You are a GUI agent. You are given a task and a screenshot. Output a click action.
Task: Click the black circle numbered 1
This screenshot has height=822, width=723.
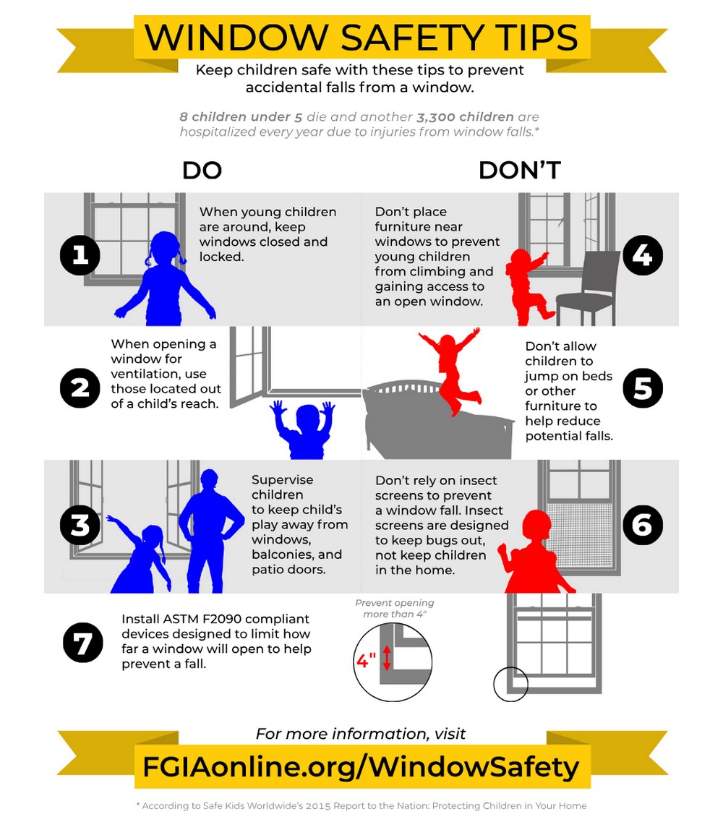[80, 255]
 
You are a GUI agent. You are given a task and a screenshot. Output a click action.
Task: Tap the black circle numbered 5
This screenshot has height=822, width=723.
[642, 388]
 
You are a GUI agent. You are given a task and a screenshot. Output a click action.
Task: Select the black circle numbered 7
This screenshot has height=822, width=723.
[82, 642]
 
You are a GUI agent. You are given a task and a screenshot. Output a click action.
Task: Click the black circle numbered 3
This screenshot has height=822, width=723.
[80, 525]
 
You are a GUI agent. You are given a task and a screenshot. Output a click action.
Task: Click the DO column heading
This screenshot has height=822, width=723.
[202, 171]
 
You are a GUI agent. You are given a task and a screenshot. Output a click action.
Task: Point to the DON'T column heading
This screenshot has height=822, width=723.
[519, 171]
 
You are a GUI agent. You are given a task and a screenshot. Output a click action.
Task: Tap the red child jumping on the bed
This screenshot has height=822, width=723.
[450, 369]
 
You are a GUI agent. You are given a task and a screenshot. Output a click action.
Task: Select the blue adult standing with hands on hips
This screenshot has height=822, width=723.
[210, 528]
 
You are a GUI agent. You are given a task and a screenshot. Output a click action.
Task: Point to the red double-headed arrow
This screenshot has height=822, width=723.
[387, 657]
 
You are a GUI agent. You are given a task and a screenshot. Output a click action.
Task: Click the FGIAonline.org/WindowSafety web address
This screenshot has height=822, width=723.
[361, 766]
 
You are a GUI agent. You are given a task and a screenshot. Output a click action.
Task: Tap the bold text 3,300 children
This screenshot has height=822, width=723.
[465, 117]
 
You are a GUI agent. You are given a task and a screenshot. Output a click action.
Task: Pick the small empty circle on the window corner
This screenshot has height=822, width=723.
[510, 684]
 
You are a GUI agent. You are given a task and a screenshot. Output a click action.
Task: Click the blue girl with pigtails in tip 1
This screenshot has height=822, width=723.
[166, 278]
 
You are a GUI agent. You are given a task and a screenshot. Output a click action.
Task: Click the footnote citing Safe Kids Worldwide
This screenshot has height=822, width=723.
[361, 805]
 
